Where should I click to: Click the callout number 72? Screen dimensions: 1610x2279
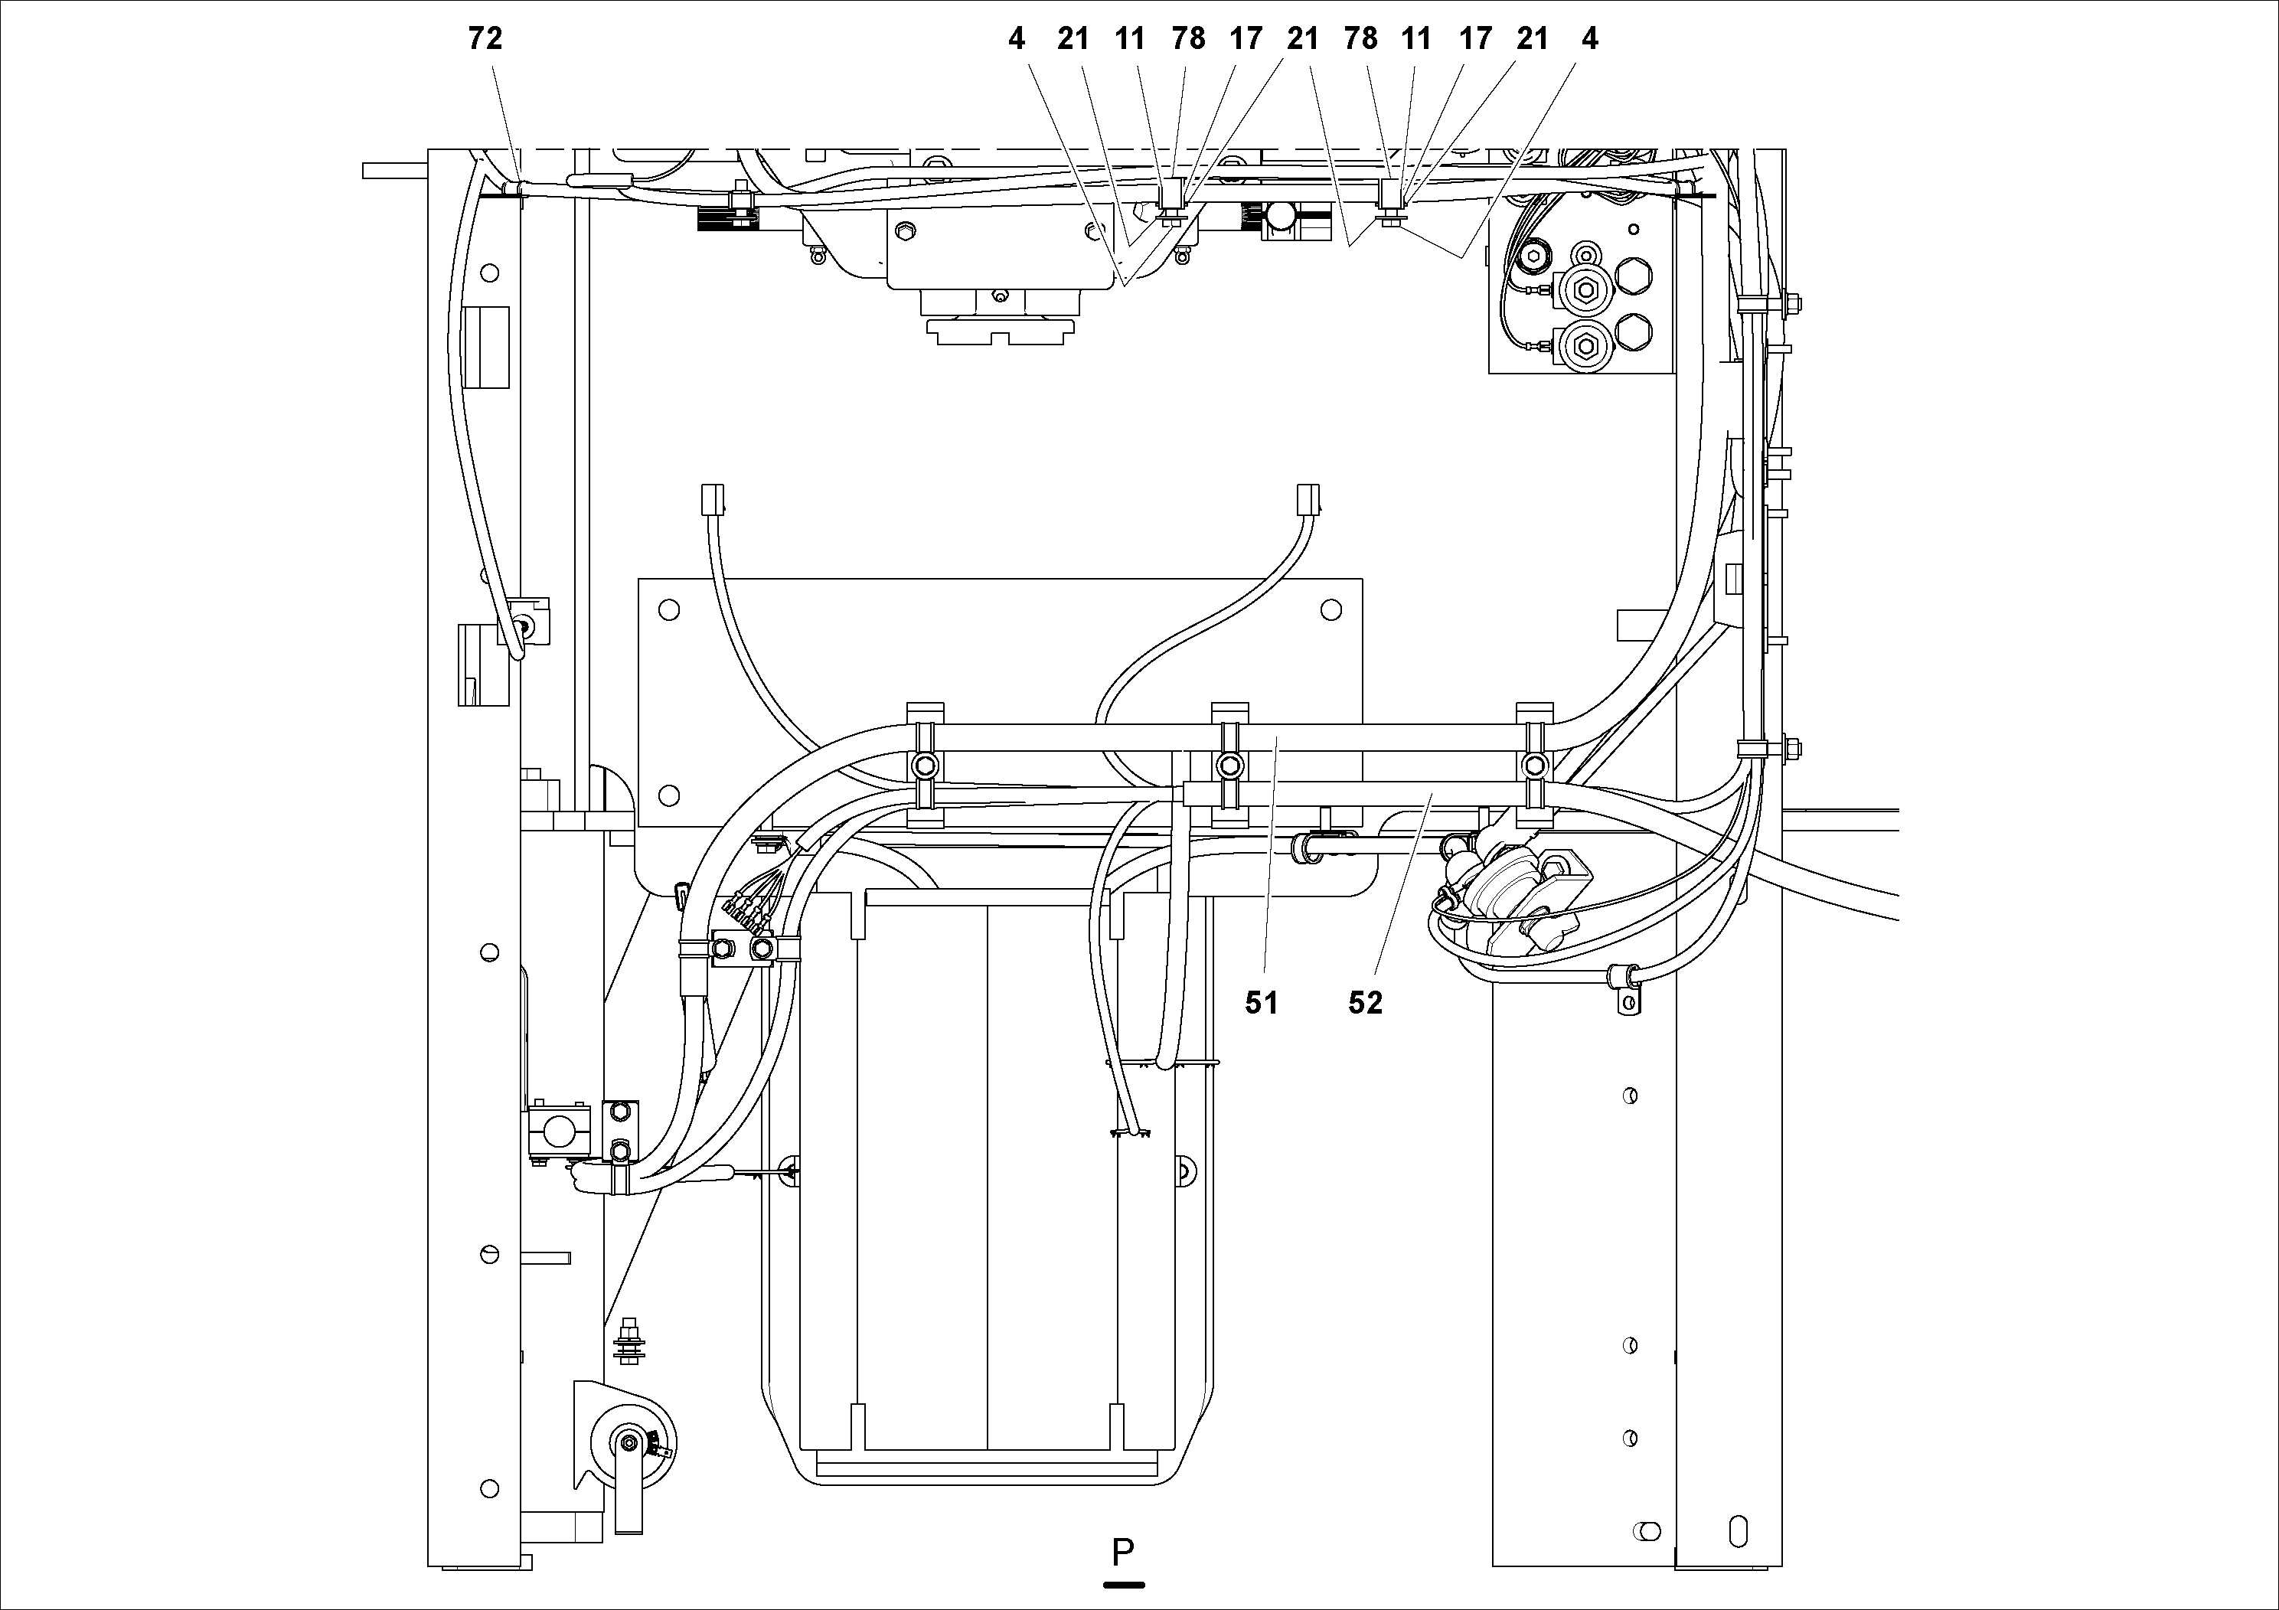tap(485, 39)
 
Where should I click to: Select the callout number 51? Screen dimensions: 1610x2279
tap(1262, 1004)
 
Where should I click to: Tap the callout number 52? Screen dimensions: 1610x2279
tap(1365, 1004)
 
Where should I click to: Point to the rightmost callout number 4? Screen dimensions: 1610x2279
tap(1589, 39)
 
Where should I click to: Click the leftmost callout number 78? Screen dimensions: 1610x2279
tap(1187, 39)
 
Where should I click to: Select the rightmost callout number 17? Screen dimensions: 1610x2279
tap(1475, 39)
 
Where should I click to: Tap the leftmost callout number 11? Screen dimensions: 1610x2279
tap(1130, 39)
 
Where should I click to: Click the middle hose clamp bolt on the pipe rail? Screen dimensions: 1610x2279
tap(1229, 766)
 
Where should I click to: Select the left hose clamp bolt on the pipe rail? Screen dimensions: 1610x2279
tap(924, 766)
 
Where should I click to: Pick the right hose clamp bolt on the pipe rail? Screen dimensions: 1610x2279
tap(1535, 766)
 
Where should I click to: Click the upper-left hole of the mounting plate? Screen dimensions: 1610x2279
tap(669, 609)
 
